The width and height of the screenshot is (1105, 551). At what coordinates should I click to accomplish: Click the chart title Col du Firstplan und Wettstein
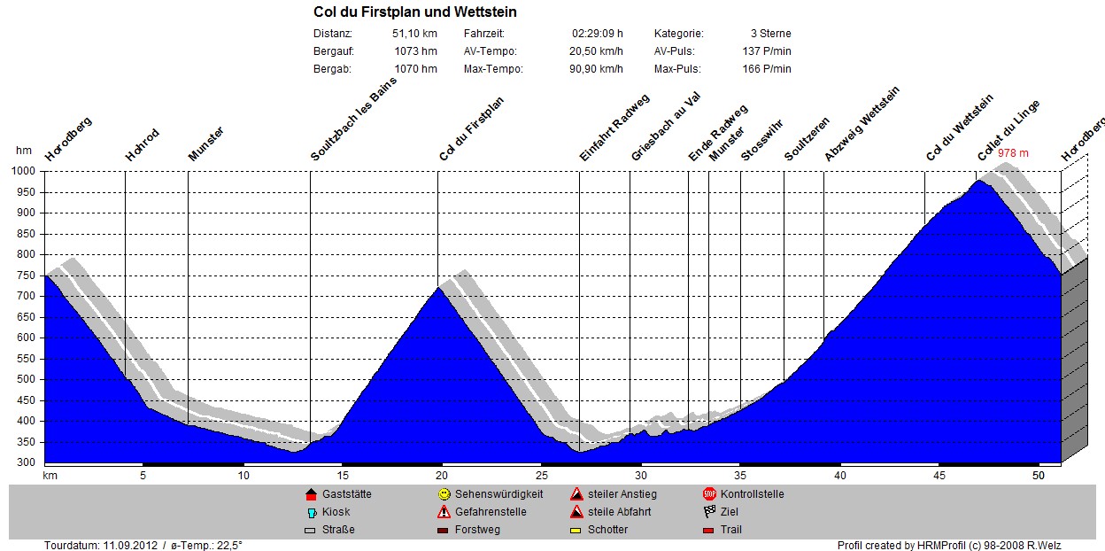(x=415, y=12)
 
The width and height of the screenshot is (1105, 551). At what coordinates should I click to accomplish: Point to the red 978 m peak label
(x=1013, y=153)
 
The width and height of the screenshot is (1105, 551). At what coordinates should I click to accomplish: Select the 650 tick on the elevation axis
(x=24, y=317)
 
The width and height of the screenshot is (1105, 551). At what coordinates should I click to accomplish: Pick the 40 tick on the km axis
(x=840, y=476)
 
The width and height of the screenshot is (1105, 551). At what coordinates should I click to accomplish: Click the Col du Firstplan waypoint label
(x=472, y=129)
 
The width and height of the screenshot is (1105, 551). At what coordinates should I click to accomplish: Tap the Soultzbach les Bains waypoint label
(x=353, y=119)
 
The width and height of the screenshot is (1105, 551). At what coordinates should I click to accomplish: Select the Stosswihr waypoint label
(x=761, y=140)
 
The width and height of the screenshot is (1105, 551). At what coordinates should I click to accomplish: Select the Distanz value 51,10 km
(x=414, y=34)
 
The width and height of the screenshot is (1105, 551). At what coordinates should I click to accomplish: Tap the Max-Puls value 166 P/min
(x=767, y=69)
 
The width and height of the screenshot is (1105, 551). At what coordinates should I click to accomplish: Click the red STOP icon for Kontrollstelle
(x=709, y=494)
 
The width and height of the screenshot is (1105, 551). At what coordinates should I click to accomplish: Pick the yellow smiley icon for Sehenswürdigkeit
(x=444, y=494)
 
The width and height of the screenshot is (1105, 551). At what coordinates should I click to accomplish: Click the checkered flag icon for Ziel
(x=709, y=512)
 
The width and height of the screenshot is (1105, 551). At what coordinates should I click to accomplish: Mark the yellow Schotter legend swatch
(x=576, y=531)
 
